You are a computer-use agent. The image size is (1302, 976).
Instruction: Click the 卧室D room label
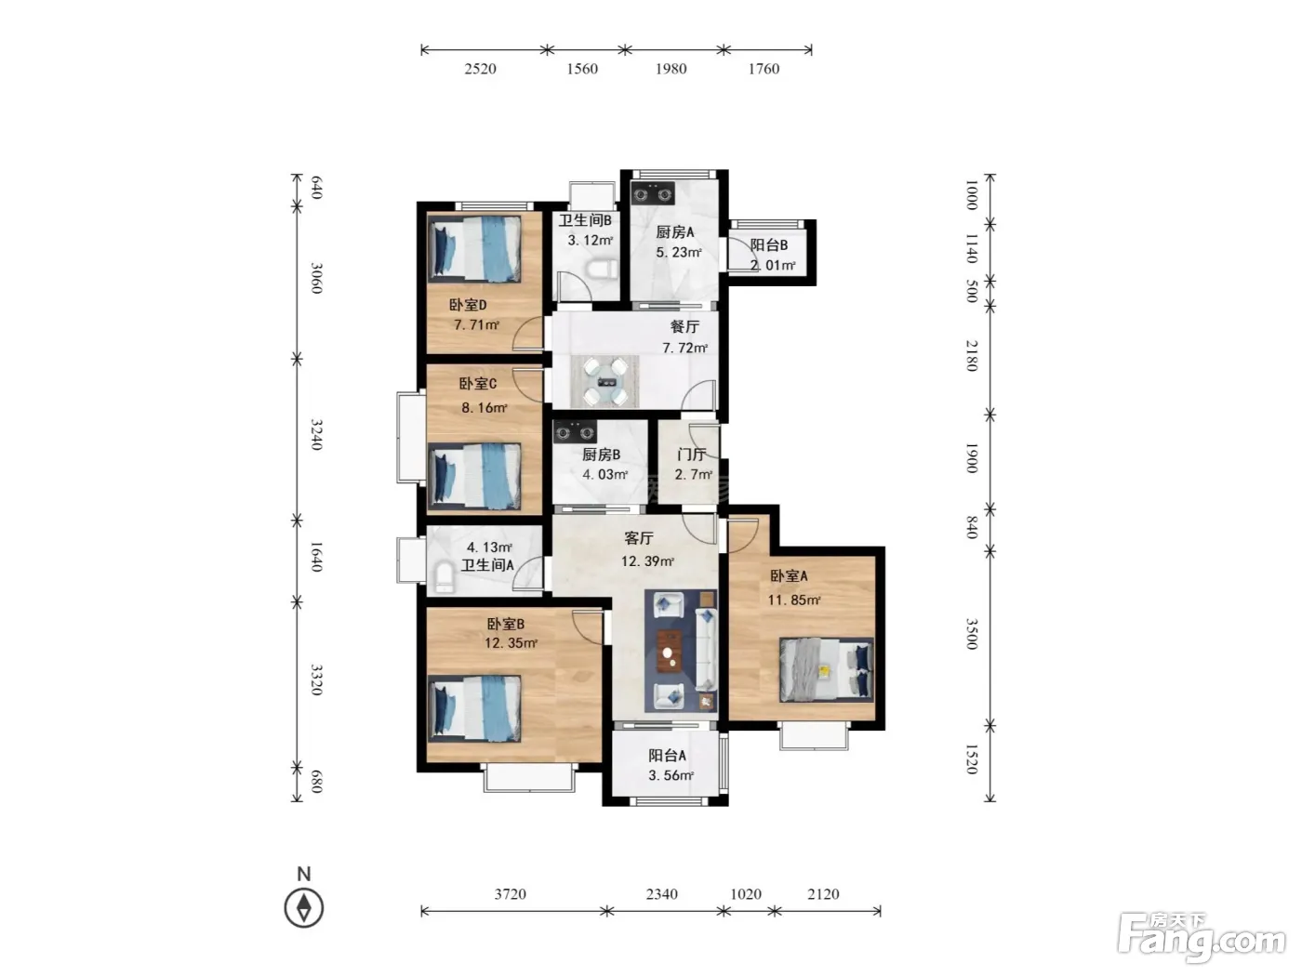tap(468, 305)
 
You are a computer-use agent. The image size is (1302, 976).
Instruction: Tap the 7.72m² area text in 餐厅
tap(684, 348)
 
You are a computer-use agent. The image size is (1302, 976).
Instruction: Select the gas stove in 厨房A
tap(653, 193)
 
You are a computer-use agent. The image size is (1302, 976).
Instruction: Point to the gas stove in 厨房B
tap(575, 432)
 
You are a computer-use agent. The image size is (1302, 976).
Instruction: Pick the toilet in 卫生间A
tap(445, 576)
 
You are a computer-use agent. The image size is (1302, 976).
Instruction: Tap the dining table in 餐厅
tap(605, 382)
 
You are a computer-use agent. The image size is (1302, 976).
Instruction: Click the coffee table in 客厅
tap(670, 652)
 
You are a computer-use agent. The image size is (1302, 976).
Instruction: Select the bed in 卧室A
tap(826, 669)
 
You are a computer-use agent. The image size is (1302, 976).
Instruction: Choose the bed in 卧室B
tap(474, 709)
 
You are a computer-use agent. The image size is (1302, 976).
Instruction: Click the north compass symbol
tap(304, 907)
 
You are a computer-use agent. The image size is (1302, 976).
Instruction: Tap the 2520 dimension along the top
tap(480, 69)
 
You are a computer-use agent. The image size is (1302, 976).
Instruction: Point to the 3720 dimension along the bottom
tap(511, 894)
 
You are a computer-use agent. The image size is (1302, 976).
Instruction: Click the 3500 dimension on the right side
tap(971, 634)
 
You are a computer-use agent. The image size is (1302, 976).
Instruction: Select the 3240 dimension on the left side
tap(317, 434)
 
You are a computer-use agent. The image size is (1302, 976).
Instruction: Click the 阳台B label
tap(769, 244)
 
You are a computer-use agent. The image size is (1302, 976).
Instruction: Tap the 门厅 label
tap(691, 455)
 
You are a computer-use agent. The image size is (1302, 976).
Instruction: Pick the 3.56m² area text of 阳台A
tap(671, 775)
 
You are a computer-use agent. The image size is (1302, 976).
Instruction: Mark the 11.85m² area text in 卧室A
tap(794, 600)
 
